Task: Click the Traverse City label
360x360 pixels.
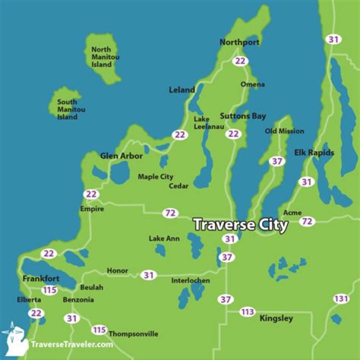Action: pos(240,224)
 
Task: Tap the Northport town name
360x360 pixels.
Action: pos(239,42)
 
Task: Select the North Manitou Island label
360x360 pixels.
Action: pos(105,57)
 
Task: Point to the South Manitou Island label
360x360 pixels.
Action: pos(67,109)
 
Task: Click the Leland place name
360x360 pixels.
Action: pos(182,90)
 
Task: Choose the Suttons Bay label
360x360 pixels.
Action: pos(243,116)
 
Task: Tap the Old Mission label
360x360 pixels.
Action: pos(284,131)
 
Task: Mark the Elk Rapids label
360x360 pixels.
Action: pos(314,152)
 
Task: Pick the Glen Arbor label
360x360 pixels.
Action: pos(121,156)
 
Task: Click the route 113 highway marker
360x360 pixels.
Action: pos(247,312)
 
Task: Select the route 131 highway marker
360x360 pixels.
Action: pos(341,299)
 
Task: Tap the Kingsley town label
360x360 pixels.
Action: pos(276,318)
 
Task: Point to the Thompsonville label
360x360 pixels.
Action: pos(133,334)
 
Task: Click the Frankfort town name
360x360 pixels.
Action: pos(40,278)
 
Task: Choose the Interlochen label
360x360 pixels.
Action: pos(190,280)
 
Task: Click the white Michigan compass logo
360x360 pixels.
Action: pos(14,336)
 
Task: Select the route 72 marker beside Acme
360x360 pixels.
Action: pos(307,221)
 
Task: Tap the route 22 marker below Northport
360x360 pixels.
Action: pos(241,61)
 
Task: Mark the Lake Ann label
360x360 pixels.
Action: pos(164,238)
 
